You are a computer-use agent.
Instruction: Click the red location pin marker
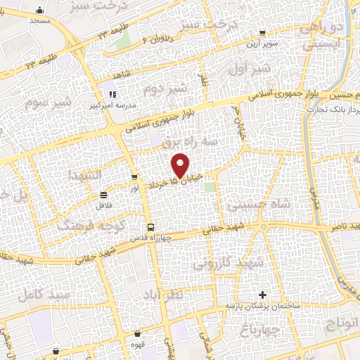coord(181,165)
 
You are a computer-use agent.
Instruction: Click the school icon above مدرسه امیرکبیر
coord(111,94)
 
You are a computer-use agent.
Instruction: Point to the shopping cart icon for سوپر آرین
coord(262,32)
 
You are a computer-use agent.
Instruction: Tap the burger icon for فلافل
coord(104,195)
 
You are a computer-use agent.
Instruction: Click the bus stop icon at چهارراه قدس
coord(150,226)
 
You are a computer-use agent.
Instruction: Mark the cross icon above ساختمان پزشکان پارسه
coord(263,295)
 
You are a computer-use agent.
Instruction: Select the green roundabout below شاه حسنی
coord(261,227)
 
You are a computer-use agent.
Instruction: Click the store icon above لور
coord(134,177)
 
